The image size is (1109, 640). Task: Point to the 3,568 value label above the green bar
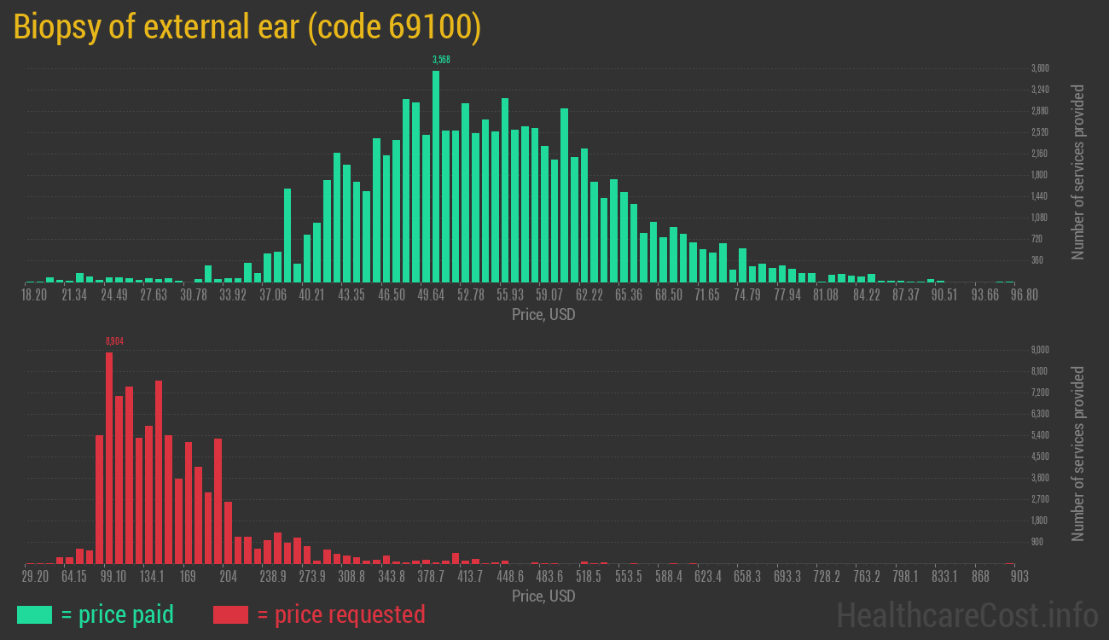point(441,59)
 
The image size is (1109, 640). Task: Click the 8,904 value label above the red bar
point(114,340)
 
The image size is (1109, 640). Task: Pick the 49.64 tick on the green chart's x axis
point(431,295)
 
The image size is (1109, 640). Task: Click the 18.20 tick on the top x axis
point(34,295)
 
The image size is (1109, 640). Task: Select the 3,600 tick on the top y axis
point(1040,68)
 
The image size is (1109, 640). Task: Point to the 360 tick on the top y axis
point(1036,260)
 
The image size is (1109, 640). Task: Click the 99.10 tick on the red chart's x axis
point(113,577)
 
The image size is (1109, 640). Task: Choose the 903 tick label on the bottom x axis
point(1019,577)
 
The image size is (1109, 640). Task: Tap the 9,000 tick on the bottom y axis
point(1040,350)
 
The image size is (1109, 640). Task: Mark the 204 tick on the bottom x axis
point(229,577)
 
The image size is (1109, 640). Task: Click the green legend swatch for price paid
point(34,614)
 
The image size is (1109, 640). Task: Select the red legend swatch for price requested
point(230,614)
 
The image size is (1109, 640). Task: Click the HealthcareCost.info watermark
point(967,614)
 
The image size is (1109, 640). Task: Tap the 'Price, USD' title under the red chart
point(543,596)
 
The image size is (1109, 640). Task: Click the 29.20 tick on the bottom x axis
point(35,577)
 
